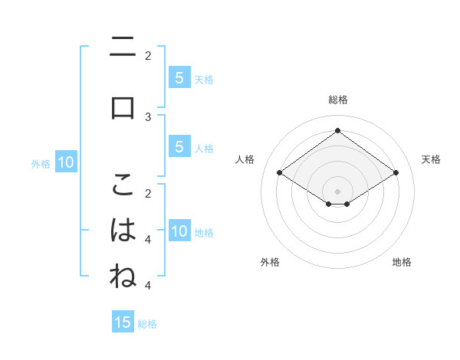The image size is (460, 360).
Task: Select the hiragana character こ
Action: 123,184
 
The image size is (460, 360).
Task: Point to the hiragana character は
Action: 123,230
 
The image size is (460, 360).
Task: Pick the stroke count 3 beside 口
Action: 148,116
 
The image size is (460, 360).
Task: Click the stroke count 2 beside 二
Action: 148,55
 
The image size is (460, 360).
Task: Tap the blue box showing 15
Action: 123,322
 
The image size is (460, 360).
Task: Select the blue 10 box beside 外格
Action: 65,162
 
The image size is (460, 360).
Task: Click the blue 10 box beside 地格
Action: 179,231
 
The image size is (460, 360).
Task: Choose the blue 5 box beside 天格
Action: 179,78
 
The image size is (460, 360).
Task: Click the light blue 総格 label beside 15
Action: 147,324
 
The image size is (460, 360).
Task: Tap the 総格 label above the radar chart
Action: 337,100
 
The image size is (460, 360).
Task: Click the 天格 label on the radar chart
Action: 431,159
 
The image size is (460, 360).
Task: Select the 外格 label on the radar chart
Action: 270,262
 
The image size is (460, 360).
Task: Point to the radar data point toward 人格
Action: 280,173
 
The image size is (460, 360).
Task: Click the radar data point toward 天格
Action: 396,173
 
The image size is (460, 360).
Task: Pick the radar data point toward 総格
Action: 337,130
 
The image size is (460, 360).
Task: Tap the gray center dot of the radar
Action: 337,191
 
